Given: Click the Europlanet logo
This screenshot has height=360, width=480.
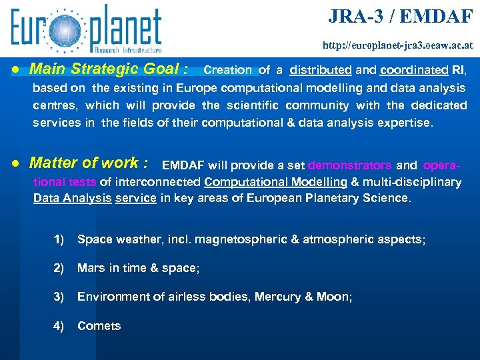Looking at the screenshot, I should tap(86, 29).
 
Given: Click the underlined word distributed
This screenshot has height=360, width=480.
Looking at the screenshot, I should tap(321, 70).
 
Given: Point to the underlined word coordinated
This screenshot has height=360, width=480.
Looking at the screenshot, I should tap(414, 70).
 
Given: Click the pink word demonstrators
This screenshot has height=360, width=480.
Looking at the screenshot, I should tap(350, 165).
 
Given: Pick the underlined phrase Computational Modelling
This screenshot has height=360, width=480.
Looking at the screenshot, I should tap(276, 182).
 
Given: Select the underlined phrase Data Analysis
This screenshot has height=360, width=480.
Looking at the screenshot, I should tap(72, 198).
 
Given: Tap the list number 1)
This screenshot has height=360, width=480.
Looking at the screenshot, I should tap(59, 239).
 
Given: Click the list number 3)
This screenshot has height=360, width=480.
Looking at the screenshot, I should tap(59, 297).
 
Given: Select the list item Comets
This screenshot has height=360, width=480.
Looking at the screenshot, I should tap(99, 326).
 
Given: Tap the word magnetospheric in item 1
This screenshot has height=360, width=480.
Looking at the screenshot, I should tap(229, 239).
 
